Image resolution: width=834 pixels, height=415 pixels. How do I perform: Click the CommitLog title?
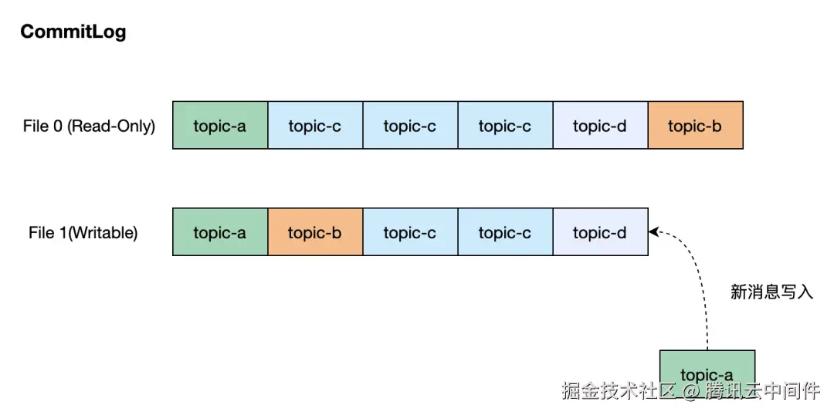(x=73, y=32)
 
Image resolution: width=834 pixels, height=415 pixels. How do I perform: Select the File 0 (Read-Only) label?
(x=89, y=126)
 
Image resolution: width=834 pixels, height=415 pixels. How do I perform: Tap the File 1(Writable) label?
(x=83, y=232)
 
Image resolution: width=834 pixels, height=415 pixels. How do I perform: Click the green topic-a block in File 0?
(x=220, y=126)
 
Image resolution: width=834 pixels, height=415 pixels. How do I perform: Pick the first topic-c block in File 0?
(x=315, y=126)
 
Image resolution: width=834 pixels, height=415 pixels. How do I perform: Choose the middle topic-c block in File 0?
(x=410, y=126)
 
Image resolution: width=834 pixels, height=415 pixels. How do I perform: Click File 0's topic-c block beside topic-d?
(x=505, y=126)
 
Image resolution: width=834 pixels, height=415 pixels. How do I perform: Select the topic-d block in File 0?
(x=600, y=126)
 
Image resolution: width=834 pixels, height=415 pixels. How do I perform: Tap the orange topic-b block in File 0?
(x=695, y=126)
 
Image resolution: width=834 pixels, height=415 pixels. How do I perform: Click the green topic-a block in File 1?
(x=220, y=232)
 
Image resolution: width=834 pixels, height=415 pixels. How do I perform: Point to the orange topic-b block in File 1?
(x=315, y=232)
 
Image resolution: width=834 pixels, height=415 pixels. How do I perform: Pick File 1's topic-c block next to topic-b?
(x=410, y=232)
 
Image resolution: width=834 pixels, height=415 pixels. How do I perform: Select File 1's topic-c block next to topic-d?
(x=505, y=232)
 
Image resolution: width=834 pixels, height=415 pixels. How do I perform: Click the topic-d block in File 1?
(x=600, y=232)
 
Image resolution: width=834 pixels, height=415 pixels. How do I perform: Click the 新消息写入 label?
(x=771, y=292)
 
